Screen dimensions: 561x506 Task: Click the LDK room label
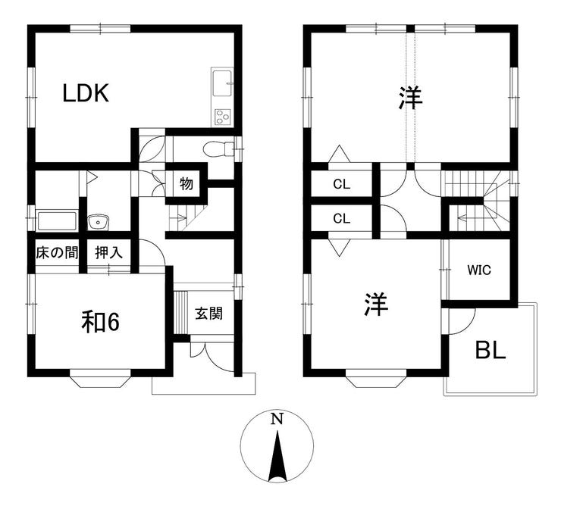pyautogui.click(x=86, y=93)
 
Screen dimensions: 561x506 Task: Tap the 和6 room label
pyautogui.click(x=100, y=322)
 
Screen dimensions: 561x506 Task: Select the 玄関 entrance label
pyautogui.click(x=209, y=314)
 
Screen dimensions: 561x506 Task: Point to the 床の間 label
pyautogui.click(x=57, y=253)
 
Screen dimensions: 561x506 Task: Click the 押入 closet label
pyautogui.click(x=108, y=253)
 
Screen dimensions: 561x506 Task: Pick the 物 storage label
pyautogui.click(x=186, y=184)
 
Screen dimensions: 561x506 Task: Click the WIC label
pyautogui.click(x=479, y=270)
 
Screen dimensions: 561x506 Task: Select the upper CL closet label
pyautogui.click(x=342, y=185)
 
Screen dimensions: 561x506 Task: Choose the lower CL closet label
pyautogui.click(x=342, y=218)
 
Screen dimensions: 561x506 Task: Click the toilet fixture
pyautogui.click(x=218, y=148)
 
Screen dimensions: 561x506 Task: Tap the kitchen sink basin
pyautogui.click(x=222, y=83)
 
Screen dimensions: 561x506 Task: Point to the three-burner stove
pyautogui.click(x=222, y=117)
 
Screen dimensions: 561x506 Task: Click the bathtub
pyautogui.click(x=58, y=221)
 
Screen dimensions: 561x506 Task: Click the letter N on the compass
pyautogui.click(x=277, y=418)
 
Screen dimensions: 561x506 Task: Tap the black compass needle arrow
pyautogui.click(x=277, y=457)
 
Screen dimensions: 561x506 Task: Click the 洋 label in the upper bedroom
pyautogui.click(x=411, y=98)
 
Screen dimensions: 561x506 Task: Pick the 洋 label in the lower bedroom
pyautogui.click(x=376, y=305)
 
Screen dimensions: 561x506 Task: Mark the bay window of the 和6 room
pyautogui.click(x=100, y=380)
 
